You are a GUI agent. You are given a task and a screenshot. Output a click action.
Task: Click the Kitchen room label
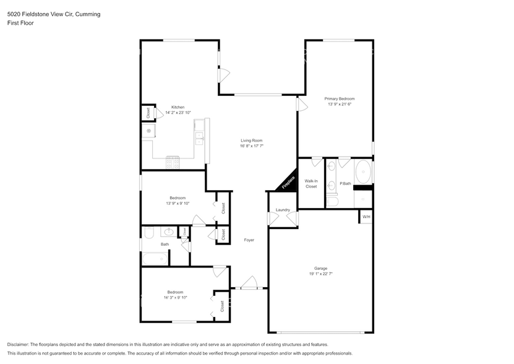coord(178,107)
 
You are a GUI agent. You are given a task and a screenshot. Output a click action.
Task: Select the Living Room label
coord(252,141)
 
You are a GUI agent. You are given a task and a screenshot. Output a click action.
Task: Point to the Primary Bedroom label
coord(340,98)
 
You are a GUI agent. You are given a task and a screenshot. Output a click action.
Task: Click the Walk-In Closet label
coord(311,183)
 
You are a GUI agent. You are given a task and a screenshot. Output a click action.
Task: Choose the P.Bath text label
coord(345,184)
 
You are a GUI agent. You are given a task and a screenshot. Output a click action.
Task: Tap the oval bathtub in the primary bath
coord(363,170)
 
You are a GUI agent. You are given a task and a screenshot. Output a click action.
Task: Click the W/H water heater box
coord(366,217)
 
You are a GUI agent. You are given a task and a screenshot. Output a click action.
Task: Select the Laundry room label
coord(283,210)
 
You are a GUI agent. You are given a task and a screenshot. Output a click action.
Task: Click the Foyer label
coord(249,240)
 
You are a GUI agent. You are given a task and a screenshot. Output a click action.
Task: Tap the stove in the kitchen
coord(173,162)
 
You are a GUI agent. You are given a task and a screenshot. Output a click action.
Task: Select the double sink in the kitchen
coord(199,137)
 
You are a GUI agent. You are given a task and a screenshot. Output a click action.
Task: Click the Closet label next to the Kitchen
coord(148,113)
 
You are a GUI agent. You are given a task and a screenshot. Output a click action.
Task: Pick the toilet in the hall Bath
coord(148,233)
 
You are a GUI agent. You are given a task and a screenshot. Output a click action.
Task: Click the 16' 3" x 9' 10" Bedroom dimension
coord(176,298)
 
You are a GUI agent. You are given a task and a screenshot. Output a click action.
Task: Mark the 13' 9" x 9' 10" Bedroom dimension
coord(178,203)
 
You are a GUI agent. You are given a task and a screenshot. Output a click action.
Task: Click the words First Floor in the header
coord(20,23)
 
